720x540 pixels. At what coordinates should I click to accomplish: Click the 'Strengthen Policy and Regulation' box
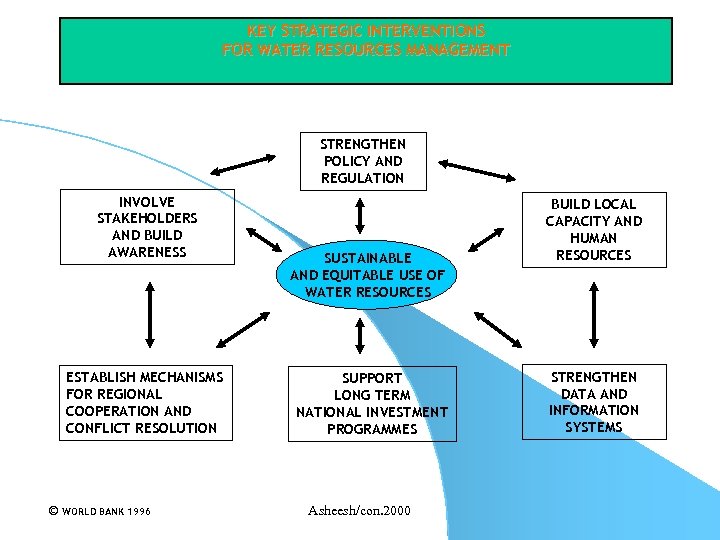pos(362,161)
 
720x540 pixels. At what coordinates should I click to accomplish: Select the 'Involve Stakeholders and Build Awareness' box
pos(147,227)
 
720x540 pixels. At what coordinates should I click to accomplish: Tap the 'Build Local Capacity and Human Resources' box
pos(593,229)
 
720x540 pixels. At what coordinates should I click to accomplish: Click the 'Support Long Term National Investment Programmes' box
pos(372,404)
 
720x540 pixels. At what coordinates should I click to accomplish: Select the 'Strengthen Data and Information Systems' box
pos(593,402)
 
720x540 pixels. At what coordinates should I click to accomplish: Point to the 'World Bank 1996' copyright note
pos(99,511)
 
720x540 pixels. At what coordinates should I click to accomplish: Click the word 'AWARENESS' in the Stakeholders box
pos(147,252)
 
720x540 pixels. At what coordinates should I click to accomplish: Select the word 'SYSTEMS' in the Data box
pos(593,427)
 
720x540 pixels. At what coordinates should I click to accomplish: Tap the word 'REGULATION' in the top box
pos(362,178)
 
